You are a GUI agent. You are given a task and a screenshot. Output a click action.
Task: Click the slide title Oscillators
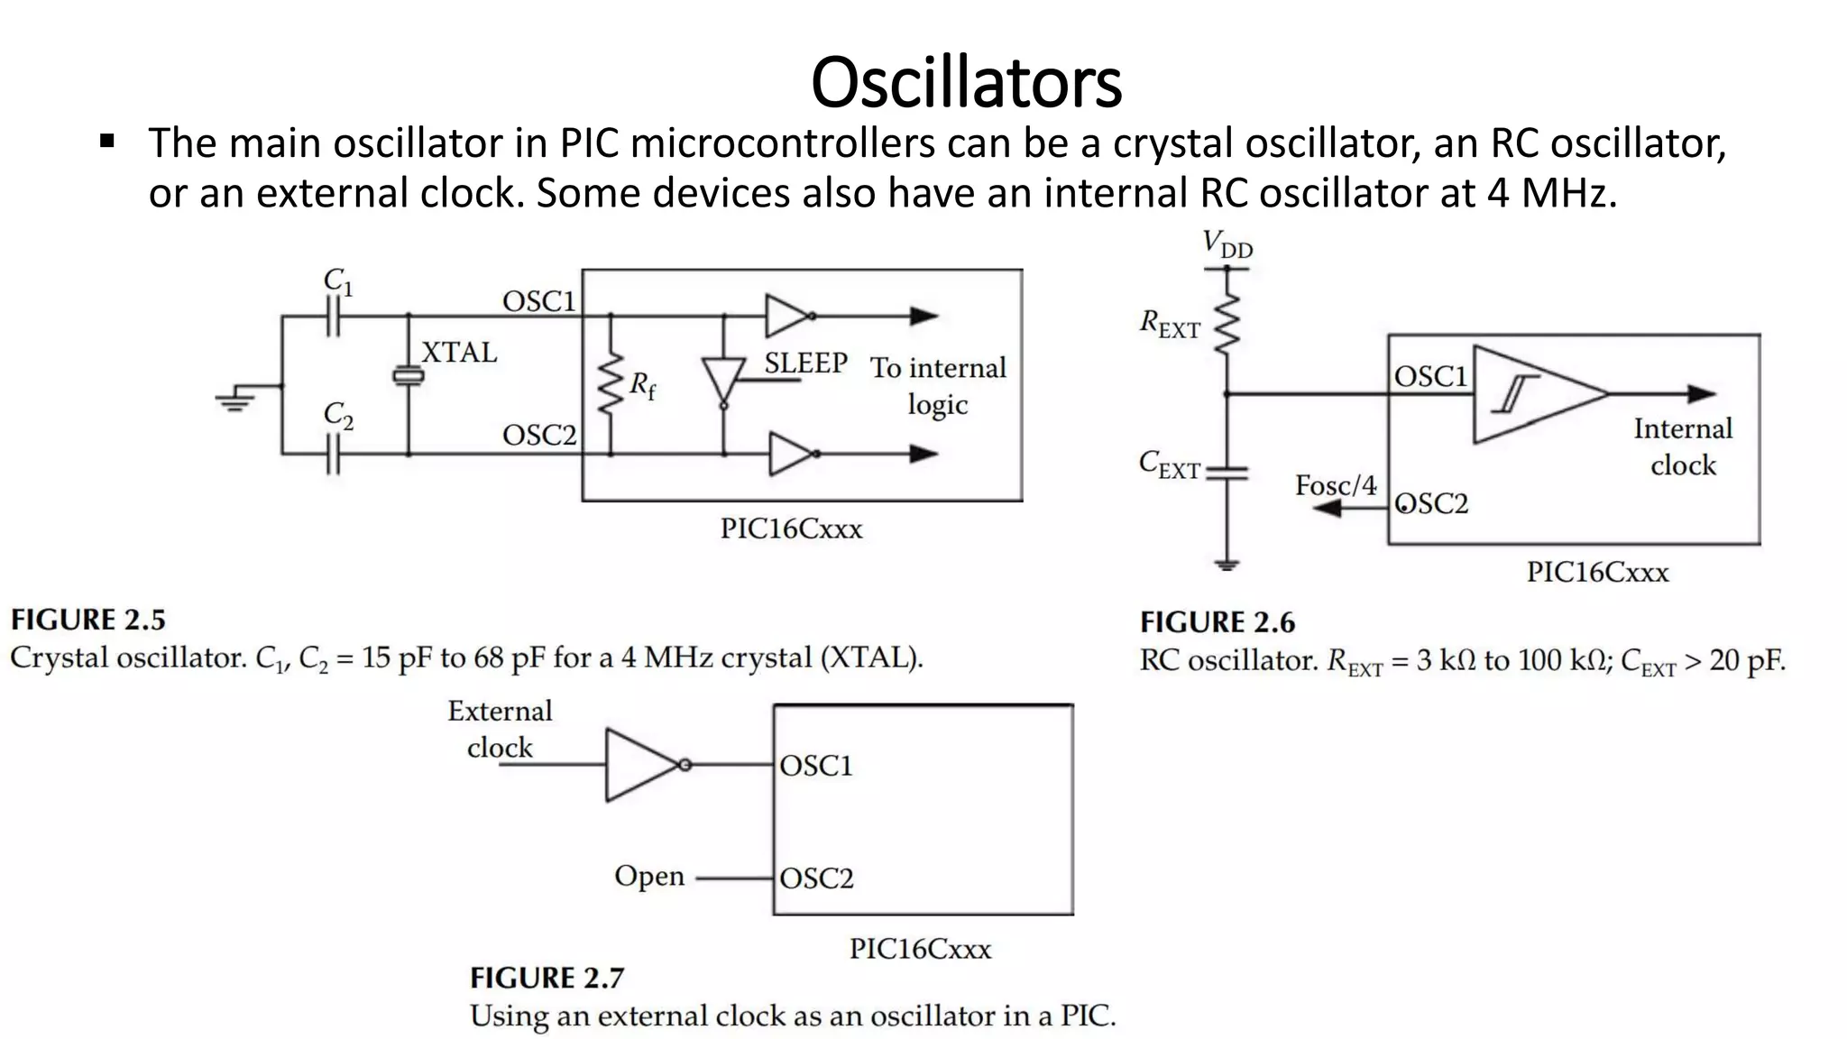(966, 82)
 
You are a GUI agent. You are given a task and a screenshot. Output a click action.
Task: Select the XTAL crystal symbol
(409, 376)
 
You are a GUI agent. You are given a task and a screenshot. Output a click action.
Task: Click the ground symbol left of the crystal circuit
(235, 399)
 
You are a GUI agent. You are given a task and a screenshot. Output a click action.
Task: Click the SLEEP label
(805, 363)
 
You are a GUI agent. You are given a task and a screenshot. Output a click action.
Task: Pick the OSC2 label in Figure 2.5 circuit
(538, 435)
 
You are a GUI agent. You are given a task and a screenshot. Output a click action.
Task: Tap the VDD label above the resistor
(1227, 244)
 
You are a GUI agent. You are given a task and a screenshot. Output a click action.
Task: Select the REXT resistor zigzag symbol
(1227, 325)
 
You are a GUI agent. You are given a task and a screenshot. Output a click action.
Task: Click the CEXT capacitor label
(1169, 464)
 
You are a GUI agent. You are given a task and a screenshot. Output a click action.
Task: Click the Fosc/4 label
(1336, 485)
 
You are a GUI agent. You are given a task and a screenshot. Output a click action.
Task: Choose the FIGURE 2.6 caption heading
(1217, 622)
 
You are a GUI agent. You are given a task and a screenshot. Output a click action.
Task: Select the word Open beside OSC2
(649, 876)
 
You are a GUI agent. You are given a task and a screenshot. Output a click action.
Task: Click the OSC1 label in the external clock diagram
(815, 766)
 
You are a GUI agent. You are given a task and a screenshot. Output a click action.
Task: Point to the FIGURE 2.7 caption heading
(547, 978)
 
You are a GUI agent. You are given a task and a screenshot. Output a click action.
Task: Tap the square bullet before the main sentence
(107, 142)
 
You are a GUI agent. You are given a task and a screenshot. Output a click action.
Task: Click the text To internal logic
(938, 385)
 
